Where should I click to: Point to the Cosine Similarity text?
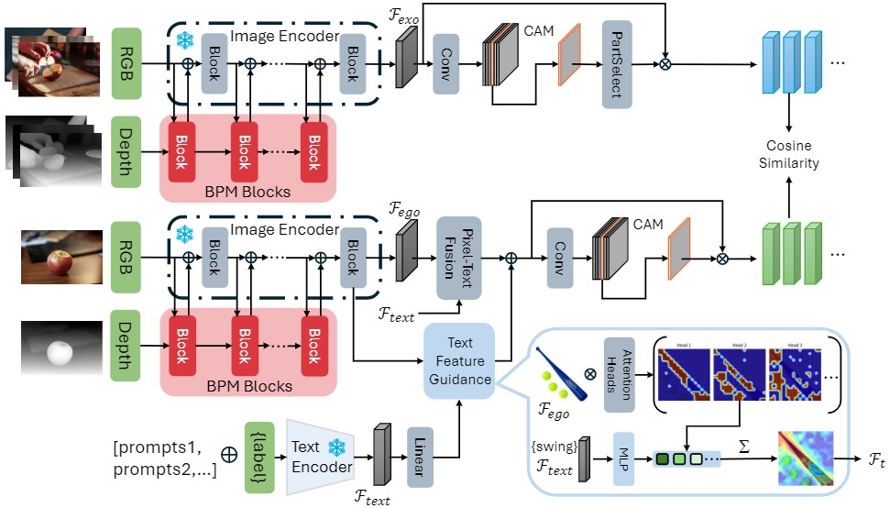coord(789,155)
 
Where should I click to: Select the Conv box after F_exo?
coord(445,65)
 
